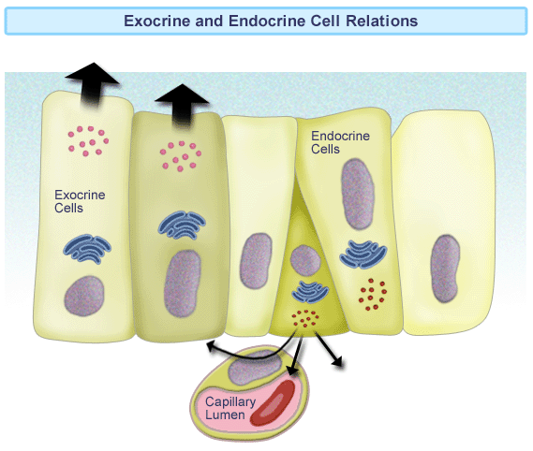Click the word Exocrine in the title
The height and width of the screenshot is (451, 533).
pyautogui.click(x=157, y=21)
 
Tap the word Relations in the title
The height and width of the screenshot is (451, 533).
pyautogui.click(x=382, y=21)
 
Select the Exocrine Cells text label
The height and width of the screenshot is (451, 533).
pyautogui.click(x=80, y=201)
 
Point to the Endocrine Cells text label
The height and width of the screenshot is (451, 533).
pyautogui.click(x=340, y=142)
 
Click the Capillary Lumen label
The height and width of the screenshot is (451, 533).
pyautogui.click(x=230, y=408)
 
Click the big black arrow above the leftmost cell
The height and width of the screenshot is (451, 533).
pyautogui.click(x=92, y=85)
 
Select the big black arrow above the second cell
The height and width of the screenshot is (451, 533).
pyautogui.click(x=182, y=106)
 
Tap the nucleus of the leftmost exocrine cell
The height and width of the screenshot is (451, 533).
pyautogui.click(x=84, y=296)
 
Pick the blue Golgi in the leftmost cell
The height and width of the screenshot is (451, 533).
pyautogui.click(x=87, y=249)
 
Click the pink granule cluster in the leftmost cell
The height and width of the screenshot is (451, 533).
pyautogui.click(x=88, y=141)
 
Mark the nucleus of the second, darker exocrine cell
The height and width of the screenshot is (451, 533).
pyautogui.click(x=183, y=284)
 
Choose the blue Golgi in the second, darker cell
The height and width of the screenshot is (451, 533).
pyautogui.click(x=182, y=225)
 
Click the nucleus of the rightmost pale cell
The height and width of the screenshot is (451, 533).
pyautogui.click(x=445, y=269)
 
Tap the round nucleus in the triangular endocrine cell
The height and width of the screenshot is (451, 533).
pyautogui.click(x=305, y=261)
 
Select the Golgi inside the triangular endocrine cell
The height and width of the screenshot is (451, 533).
pyautogui.click(x=310, y=291)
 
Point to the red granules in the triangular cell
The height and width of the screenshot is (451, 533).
pyautogui.click(x=305, y=318)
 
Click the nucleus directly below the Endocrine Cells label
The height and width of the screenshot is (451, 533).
pyautogui.click(x=358, y=195)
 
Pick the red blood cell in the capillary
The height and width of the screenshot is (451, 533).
pyautogui.click(x=273, y=402)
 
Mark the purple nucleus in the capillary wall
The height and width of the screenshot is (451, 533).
pyautogui.click(x=255, y=368)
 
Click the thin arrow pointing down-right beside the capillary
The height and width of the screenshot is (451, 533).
pyautogui.click(x=329, y=349)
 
